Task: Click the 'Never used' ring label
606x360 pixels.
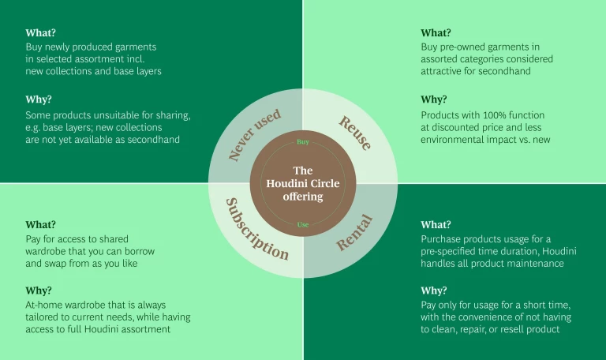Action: coord(254,136)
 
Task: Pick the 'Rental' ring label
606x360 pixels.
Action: coord(354,232)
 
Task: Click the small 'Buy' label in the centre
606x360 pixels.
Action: coord(303,142)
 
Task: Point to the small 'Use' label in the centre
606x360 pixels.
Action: coord(303,225)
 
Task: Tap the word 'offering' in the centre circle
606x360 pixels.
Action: coord(303,196)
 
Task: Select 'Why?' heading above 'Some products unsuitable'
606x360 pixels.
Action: coord(38,99)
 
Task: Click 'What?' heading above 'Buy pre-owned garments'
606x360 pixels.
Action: coord(436,33)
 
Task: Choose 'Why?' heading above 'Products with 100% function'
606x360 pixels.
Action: coord(434,99)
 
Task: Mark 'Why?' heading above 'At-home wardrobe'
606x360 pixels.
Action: coord(38,291)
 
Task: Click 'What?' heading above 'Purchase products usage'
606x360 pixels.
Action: coord(436,224)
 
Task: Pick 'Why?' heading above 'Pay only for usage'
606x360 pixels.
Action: coord(434,291)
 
